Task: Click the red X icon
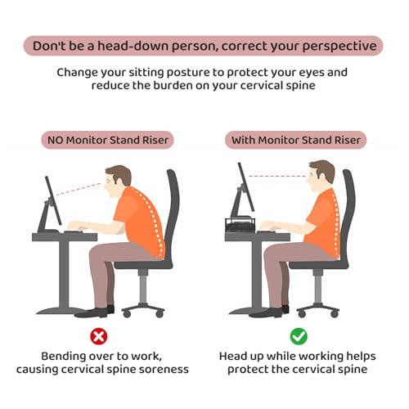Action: point(99,336)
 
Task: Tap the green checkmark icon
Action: point(299,336)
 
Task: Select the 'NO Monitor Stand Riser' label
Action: point(108,140)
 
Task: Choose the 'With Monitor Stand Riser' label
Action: point(296,140)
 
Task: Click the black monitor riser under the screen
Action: point(240,224)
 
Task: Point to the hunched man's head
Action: point(118,180)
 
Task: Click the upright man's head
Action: point(321,174)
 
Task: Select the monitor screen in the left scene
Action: point(53,200)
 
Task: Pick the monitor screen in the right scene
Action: point(246,187)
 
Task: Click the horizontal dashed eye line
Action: point(276,177)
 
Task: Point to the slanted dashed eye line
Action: point(79,189)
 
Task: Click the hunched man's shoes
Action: point(95,312)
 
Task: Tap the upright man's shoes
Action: point(269,312)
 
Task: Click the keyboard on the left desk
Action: point(74,232)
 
